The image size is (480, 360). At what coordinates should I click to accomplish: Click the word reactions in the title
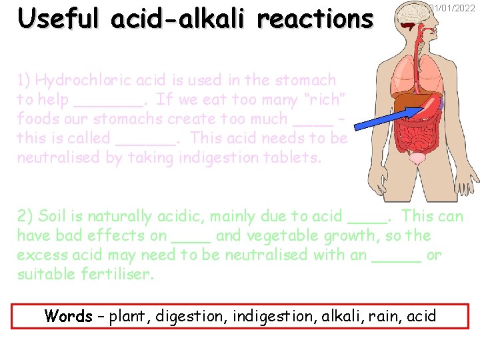pyautogui.click(x=315, y=19)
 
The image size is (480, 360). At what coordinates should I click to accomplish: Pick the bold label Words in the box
pyautogui.click(x=68, y=315)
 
